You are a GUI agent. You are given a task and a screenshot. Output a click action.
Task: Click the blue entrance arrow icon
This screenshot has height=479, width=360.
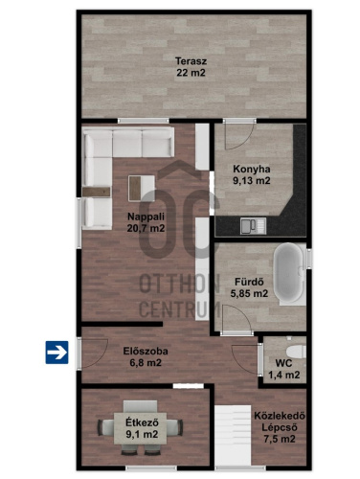click(56, 353)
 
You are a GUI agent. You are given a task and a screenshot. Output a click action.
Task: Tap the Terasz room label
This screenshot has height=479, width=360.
click(191, 60)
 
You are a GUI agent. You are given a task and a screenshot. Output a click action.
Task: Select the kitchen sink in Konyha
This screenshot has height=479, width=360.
click(254, 225)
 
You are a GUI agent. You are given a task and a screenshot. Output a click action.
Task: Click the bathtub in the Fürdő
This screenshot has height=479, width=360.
click(289, 274)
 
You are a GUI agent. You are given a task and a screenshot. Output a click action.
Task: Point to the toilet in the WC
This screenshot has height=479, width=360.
click(296, 351)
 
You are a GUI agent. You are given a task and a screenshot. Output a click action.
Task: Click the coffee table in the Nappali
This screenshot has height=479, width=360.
click(142, 188)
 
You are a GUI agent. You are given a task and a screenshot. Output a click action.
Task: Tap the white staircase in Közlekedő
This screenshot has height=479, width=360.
click(233, 435)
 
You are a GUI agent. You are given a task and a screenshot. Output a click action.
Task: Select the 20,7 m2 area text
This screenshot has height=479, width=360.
click(146, 228)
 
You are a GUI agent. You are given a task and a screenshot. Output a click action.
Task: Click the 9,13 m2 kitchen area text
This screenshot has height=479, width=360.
click(252, 181)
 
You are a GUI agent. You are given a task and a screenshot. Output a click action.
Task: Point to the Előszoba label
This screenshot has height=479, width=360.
click(146, 351)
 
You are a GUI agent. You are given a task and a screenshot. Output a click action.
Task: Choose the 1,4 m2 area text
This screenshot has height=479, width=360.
click(284, 375)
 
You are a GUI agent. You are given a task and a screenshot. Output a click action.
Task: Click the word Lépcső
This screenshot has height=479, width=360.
click(280, 427)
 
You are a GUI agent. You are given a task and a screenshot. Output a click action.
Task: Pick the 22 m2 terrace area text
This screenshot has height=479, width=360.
click(191, 73)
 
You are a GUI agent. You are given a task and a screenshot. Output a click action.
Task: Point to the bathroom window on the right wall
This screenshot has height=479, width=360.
click(309, 258)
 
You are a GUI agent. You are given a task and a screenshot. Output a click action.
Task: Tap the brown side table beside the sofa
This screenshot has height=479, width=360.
click(96, 192)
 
